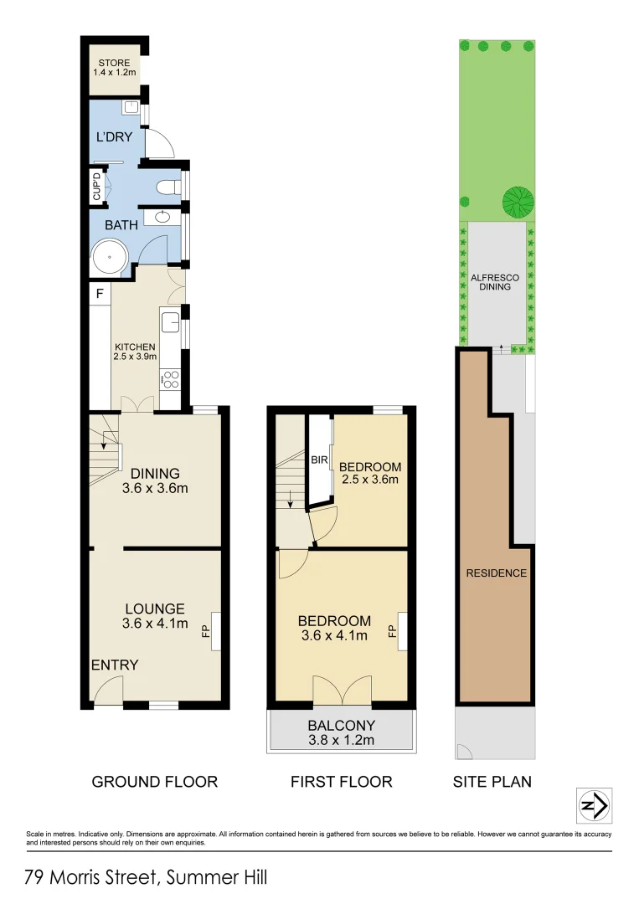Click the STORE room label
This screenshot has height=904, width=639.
(x=114, y=67)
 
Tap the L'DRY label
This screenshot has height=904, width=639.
(x=114, y=136)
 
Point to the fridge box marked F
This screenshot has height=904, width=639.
(x=100, y=294)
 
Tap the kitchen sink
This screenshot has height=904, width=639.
(x=169, y=321)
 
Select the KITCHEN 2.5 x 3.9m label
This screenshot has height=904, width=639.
(x=135, y=352)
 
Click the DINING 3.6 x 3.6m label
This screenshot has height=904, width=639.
(x=154, y=480)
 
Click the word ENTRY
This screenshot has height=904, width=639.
(x=115, y=665)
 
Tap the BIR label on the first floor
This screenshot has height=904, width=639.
(x=318, y=460)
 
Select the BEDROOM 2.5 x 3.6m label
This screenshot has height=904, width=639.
(x=371, y=473)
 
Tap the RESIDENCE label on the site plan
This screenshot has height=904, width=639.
(x=497, y=573)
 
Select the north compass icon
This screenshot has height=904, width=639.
(x=595, y=805)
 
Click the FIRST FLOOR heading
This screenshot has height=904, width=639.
(x=341, y=782)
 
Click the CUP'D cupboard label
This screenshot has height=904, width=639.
(x=96, y=186)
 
